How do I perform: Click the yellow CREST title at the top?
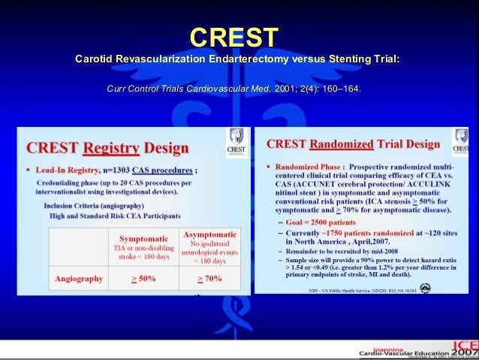(233, 36)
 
